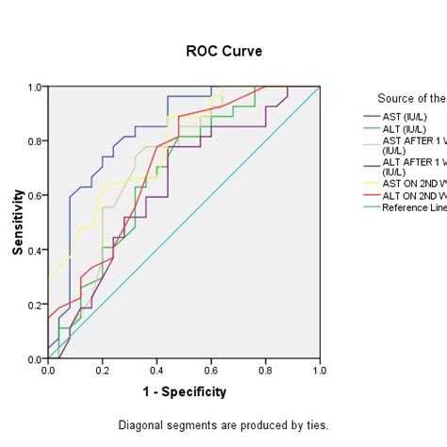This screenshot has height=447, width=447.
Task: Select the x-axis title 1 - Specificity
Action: [x=184, y=391]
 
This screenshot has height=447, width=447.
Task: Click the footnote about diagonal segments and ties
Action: [x=223, y=424]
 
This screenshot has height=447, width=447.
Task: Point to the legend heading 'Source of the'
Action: [x=411, y=98]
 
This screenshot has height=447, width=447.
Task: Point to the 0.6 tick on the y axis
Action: [x=33, y=195]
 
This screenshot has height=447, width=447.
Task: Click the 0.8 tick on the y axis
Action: [x=33, y=141]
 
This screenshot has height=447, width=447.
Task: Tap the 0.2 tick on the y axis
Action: [x=33, y=305]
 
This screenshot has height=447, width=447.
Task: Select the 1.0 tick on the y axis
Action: [x=33, y=87]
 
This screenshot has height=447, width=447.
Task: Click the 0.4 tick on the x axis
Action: [x=157, y=371]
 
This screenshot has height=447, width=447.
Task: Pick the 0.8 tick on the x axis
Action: [x=266, y=371]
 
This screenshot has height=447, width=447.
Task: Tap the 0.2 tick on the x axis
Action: [x=103, y=371]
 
